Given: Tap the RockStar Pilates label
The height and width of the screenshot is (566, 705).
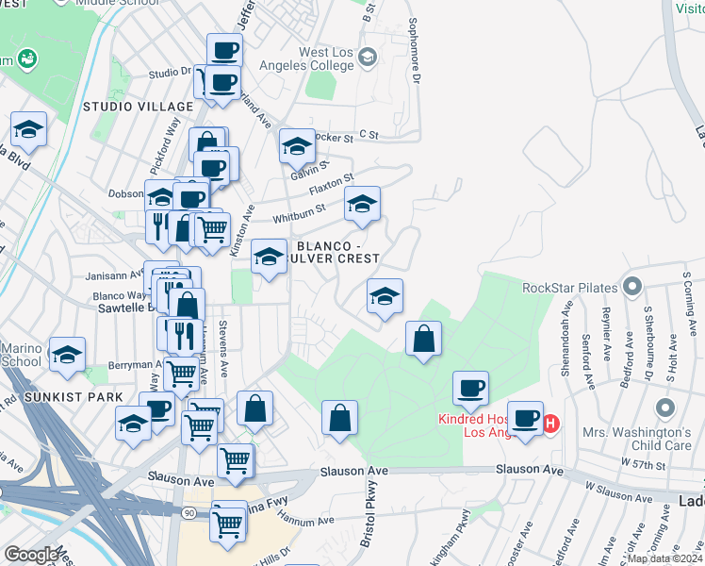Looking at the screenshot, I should pos(568,287).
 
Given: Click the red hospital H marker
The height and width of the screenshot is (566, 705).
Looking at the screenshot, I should pos(551,424).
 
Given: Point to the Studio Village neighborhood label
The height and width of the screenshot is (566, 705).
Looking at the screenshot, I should pos(132,106).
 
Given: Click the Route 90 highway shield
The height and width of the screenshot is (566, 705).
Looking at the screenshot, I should pos(189,510).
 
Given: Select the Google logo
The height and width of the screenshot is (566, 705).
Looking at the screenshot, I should pos(31,555).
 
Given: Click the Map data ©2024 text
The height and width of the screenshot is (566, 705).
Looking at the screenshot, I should pos(665,558).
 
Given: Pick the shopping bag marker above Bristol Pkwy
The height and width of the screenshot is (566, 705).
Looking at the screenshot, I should pos(339,419).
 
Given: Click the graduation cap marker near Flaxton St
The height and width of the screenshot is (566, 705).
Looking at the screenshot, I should pos(362,205).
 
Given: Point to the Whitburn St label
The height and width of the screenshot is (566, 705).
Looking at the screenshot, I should pos(299,212).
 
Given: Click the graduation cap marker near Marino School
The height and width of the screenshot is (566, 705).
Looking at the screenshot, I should pos(67,356).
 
